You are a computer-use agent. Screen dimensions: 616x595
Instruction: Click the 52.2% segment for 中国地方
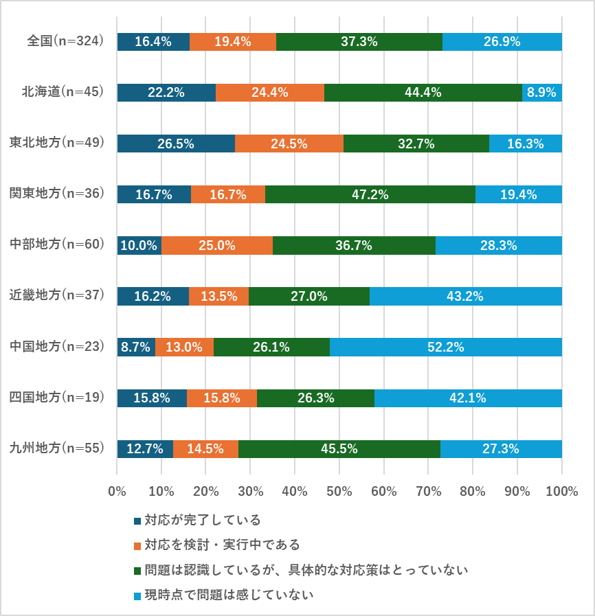[446, 347]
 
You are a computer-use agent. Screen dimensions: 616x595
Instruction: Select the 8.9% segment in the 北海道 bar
[542, 93]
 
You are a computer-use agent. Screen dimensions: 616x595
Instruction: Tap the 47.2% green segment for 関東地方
[370, 194]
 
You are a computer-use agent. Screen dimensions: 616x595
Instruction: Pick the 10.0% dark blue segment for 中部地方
[139, 245]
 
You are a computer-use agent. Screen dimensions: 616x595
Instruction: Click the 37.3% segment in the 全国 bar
[359, 42]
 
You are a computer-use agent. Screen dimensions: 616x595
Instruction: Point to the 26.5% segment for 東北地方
[176, 144]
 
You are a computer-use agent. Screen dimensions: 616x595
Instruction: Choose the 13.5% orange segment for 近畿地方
[218, 296]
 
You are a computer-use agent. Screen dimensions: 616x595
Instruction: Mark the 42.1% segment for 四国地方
[468, 398]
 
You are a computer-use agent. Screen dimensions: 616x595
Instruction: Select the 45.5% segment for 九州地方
[339, 448]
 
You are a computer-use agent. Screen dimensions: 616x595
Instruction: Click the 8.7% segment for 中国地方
[136, 347]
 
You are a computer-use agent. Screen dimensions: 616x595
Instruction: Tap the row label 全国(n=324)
[65, 41]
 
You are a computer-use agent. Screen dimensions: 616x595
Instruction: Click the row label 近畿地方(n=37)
[56, 295]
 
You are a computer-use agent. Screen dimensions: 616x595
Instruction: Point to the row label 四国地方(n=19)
[56, 397]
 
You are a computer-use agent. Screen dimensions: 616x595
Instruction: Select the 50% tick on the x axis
[339, 492]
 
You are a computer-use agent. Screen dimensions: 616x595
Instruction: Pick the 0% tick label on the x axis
[117, 492]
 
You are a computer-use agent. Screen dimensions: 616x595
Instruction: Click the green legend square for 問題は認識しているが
[137, 570]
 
